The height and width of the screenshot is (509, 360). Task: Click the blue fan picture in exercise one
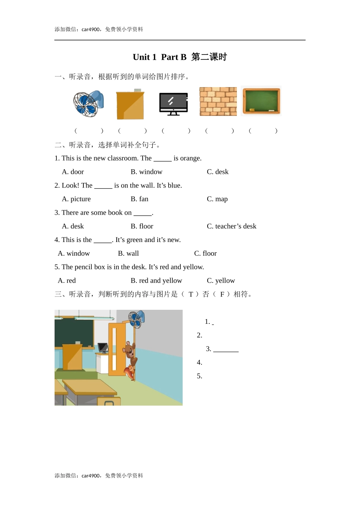click(88, 103)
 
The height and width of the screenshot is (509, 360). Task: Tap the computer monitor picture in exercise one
click(173, 103)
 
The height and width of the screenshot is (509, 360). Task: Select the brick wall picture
click(218, 101)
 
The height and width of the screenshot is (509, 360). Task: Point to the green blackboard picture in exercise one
click(261, 101)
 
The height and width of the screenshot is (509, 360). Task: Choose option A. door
click(73, 172)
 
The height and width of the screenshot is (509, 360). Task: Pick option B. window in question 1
click(146, 172)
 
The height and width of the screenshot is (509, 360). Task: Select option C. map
click(217, 199)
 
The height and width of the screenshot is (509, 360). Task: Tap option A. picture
click(76, 199)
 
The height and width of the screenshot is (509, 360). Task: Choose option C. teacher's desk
click(232, 226)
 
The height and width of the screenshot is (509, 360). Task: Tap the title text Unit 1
click(144, 57)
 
